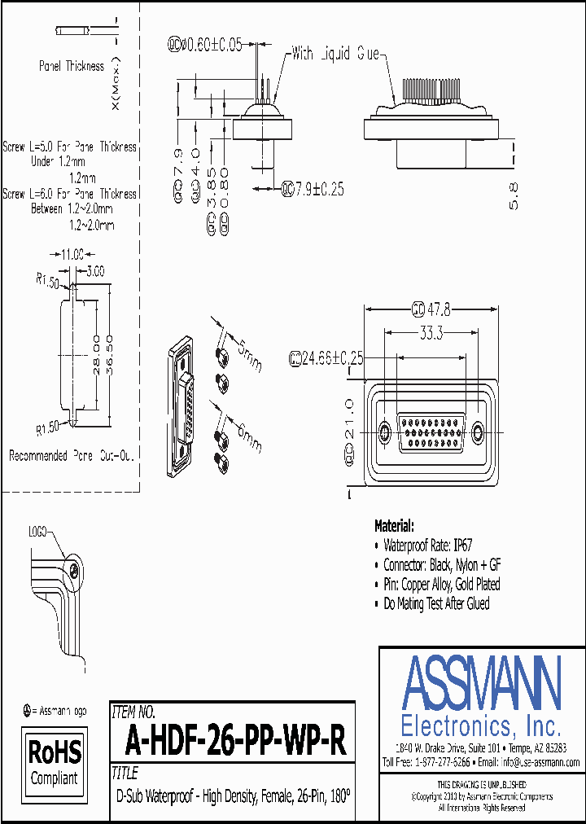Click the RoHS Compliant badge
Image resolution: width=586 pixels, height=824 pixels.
(x=55, y=760)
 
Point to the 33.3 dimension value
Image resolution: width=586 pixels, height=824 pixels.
(x=431, y=332)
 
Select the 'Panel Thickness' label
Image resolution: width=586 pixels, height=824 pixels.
(x=72, y=66)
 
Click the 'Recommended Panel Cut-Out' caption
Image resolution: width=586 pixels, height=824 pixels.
(x=71, y=456)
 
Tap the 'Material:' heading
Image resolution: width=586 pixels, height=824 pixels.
(x=394, y=526)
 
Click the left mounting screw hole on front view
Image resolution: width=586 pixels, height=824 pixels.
(x=386, y=431)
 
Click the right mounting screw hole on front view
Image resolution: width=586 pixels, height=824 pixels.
(x=478, y=431)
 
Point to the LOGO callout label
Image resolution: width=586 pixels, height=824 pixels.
(x=37, y=530)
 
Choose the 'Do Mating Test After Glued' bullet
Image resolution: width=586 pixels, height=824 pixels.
(x=436, y=603)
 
